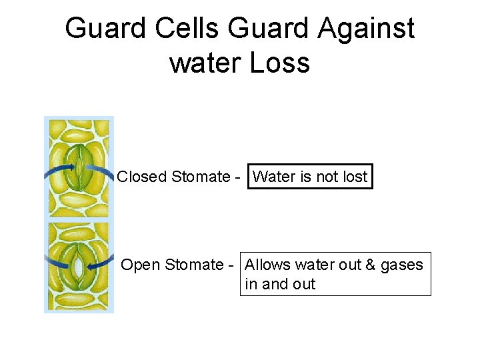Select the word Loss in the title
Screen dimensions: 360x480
(x=280, y=63)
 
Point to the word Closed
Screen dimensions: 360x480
(x=141, y=177)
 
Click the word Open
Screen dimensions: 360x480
(x=141, y=265)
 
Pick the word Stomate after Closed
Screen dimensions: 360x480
(x=200, y=177)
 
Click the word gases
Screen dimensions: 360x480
(x=401, y=265)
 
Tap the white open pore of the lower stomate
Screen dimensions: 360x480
(x=79, y=265)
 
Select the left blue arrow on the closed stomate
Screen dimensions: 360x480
(x=59, y=171)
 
